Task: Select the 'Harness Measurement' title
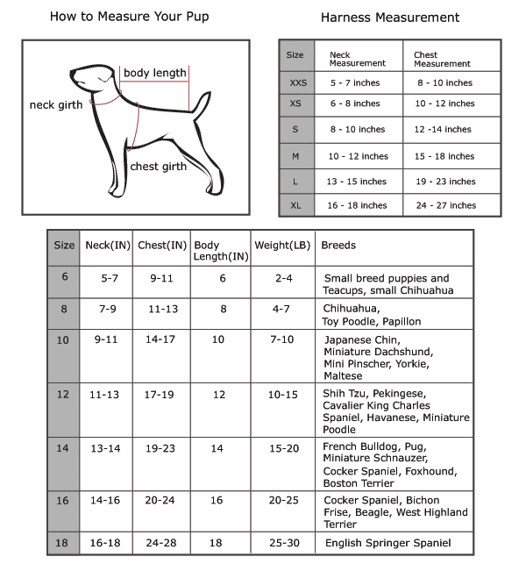pyautogui.click(x=389, y=18)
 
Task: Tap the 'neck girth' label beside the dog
pyautogui.click(x=56, y=105)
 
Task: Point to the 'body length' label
pyautogui.click(x=154, y=73)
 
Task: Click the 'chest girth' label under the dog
pyautogui.click(x=159, y=167)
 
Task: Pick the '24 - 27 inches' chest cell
pyautogui.click(x=444, y=205)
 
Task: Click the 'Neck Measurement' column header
pyautogui.click(x=357, y=59)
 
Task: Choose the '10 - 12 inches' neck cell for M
pyautogui.click(x=358, y=156)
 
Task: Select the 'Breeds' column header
pyautogui.click(x=339, y=246)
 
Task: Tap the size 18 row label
pyautogui.click(x=62, y=543)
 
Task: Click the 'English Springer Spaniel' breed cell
pyautogui.click(x=387, y=543)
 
